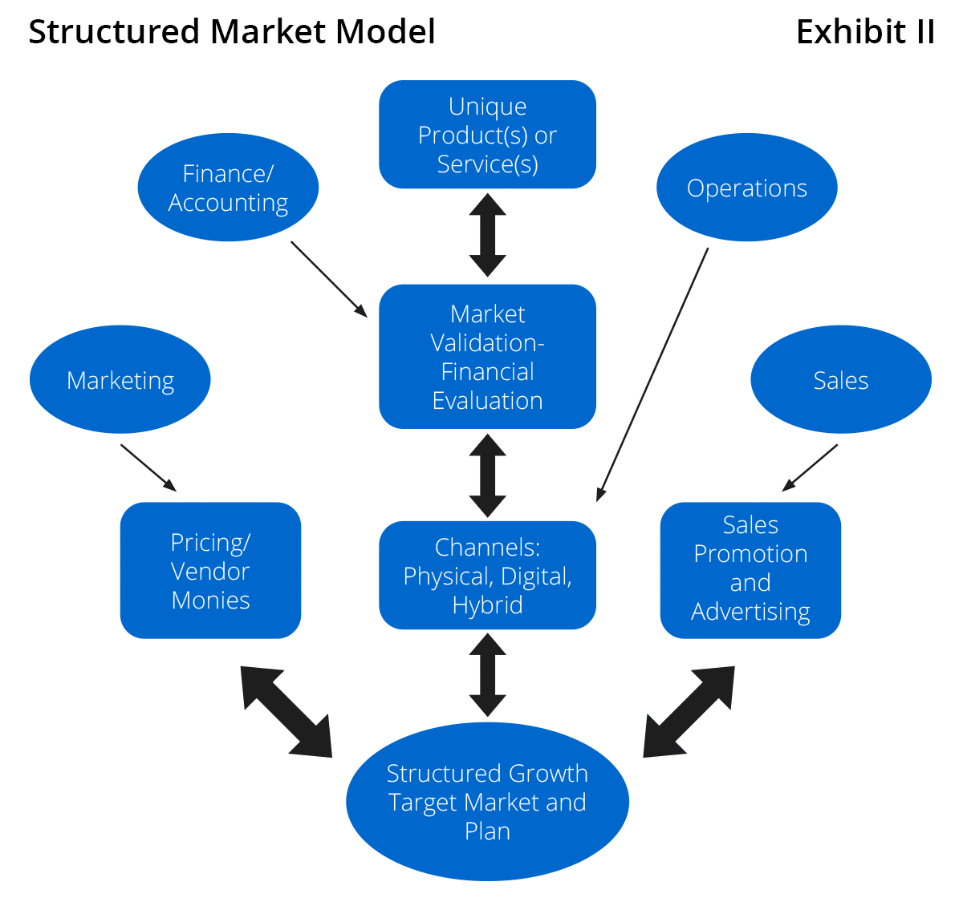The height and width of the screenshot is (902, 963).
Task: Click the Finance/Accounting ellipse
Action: (x=228, y=188)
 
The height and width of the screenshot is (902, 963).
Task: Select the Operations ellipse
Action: (x=746, y=188)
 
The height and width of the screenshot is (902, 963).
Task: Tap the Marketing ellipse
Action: (x=120, y=379)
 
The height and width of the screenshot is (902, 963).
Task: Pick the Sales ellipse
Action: (x=840, y=379)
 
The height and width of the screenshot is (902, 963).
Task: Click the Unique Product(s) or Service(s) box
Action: (x=487, y=135)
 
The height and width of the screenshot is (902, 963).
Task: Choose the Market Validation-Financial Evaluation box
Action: (x=487, y=357)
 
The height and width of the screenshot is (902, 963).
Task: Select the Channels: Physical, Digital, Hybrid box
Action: (x=487, y=576)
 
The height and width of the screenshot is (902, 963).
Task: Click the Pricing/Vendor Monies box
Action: (x=210, y=570)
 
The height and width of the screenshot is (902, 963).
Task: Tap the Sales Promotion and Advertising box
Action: (x=750, y=570)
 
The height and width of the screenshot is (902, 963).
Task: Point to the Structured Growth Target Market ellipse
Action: (x=487, y=802)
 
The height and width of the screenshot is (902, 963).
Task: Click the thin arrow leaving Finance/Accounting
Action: (x=328, y=278)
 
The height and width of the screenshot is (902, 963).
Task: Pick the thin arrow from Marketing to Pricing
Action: (x=148, y=467)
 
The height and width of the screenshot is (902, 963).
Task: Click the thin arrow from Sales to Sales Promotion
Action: (x=810, y=467)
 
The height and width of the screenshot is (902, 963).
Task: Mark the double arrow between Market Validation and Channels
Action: (x=487, y=475)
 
